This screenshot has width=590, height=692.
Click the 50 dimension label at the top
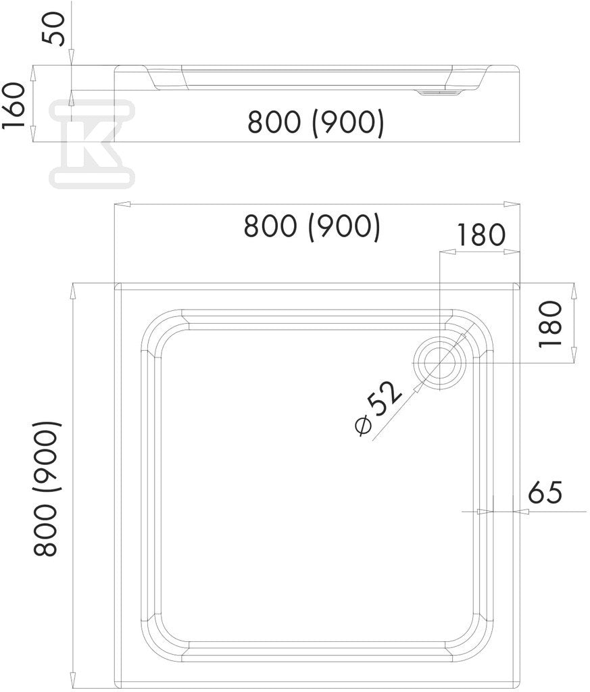pos(53,29)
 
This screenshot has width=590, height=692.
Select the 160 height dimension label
pos(14,105)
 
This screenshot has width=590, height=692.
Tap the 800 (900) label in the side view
pos(316,123)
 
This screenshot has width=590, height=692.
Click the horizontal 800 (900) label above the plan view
pos(312,227)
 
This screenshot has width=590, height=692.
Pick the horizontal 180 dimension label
pos(481,234)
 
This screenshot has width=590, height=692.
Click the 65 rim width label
pos(545,493)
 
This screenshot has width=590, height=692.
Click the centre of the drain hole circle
pos(440,363)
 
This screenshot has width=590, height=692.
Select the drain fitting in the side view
pos(439,93)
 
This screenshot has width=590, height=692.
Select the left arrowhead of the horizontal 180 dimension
pos(448,252)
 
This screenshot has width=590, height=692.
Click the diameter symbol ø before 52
pos(363,426)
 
